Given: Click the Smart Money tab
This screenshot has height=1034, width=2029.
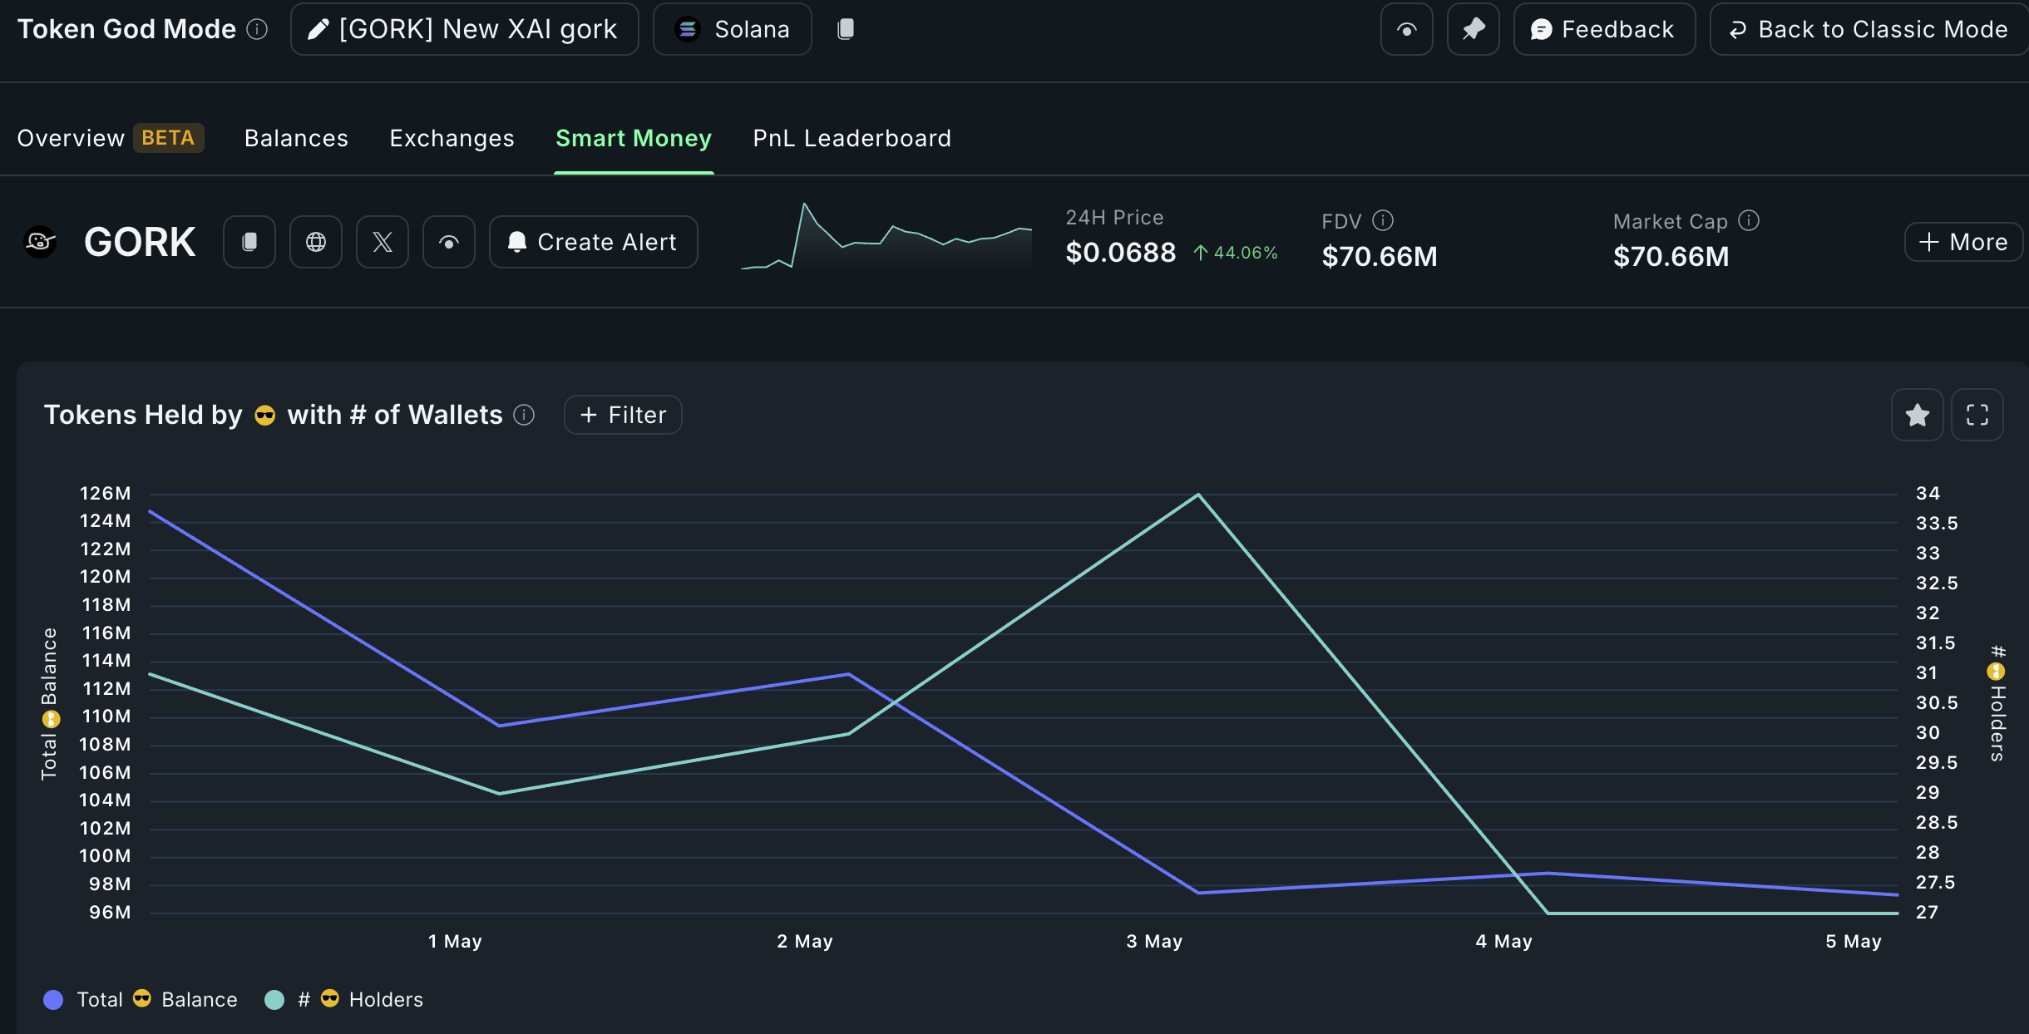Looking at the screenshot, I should coord(633,138).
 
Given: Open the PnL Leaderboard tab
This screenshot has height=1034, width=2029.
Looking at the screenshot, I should coord(852,138).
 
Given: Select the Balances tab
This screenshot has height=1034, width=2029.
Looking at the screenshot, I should coord(296,138).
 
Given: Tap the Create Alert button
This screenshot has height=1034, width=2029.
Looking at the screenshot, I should coord(593,242).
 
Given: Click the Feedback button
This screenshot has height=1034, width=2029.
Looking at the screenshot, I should coord(1604,29).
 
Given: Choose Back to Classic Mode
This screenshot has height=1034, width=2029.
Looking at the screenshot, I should coord(1869,29).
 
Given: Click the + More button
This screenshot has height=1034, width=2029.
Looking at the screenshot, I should coord(1962,242).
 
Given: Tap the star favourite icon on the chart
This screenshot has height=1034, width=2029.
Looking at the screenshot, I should coord(1917,415).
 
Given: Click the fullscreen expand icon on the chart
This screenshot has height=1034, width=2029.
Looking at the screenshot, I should coord(1977,415).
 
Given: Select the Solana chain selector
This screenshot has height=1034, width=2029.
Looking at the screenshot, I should coord(732,29).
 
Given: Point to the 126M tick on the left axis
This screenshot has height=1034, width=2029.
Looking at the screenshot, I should coord(105,494).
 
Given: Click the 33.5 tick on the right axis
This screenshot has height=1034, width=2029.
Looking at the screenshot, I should coord(1937,524).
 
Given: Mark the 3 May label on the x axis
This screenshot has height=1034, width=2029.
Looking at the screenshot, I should coord(1154,942).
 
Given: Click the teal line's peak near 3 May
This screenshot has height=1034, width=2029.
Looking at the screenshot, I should coord(1197,495).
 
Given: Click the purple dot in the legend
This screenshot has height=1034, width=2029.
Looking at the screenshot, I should coord(53,1000).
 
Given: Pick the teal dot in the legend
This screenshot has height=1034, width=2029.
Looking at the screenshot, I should coord(274,1000).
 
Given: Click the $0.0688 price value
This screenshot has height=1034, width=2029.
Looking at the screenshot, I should coord(1120,253).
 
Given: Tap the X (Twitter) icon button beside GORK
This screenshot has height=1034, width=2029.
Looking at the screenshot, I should coord(383,242).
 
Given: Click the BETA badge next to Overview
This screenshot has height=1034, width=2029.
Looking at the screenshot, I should coord(168,138).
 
